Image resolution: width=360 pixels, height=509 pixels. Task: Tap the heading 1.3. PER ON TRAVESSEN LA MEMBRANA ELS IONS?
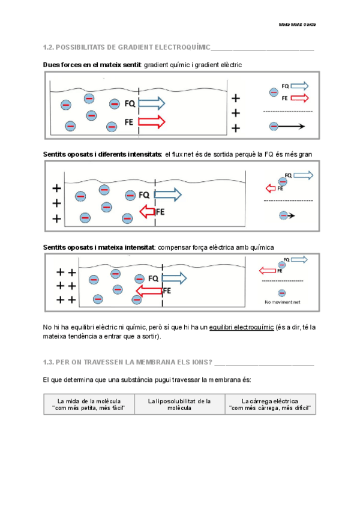click(x=128, y=363)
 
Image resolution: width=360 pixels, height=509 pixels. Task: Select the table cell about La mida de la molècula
click(x=89, y=404)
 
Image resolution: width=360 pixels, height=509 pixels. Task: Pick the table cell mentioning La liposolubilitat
click(x=179, y=404)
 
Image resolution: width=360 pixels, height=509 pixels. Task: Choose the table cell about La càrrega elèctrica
click(x=270, y=404)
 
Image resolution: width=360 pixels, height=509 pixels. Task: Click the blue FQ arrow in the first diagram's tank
click(x=151, y=103)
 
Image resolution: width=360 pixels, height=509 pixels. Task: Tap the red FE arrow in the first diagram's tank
click(x=151, y=122)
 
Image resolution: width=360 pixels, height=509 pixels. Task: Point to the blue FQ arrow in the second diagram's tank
click(x=167, y=194)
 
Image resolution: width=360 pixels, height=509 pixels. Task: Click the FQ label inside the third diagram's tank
click(x=153, y=278)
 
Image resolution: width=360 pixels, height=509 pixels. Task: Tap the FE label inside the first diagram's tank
click(x=129, y=122)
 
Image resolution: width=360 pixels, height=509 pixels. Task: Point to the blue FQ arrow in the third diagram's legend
click(x=298, y=259)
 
